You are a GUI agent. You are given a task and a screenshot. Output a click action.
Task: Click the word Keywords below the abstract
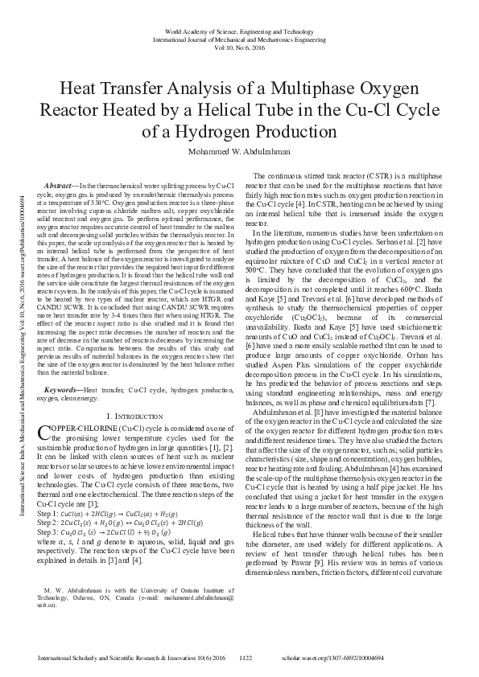click(x=62, y=389)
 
